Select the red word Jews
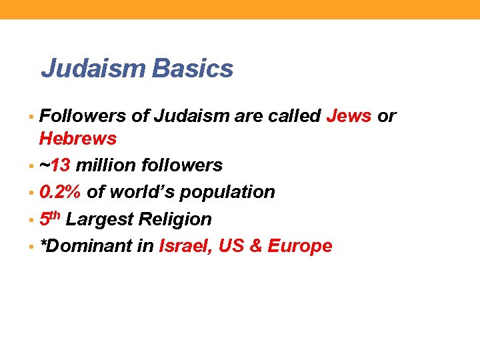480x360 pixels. point(349,116)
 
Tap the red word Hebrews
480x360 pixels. point(78,139)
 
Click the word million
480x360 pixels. point(105,165)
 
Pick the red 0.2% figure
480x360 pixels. point(61,192)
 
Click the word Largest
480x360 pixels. point(100,219)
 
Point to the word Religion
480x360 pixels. point(175,219)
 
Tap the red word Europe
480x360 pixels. point(299,246)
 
